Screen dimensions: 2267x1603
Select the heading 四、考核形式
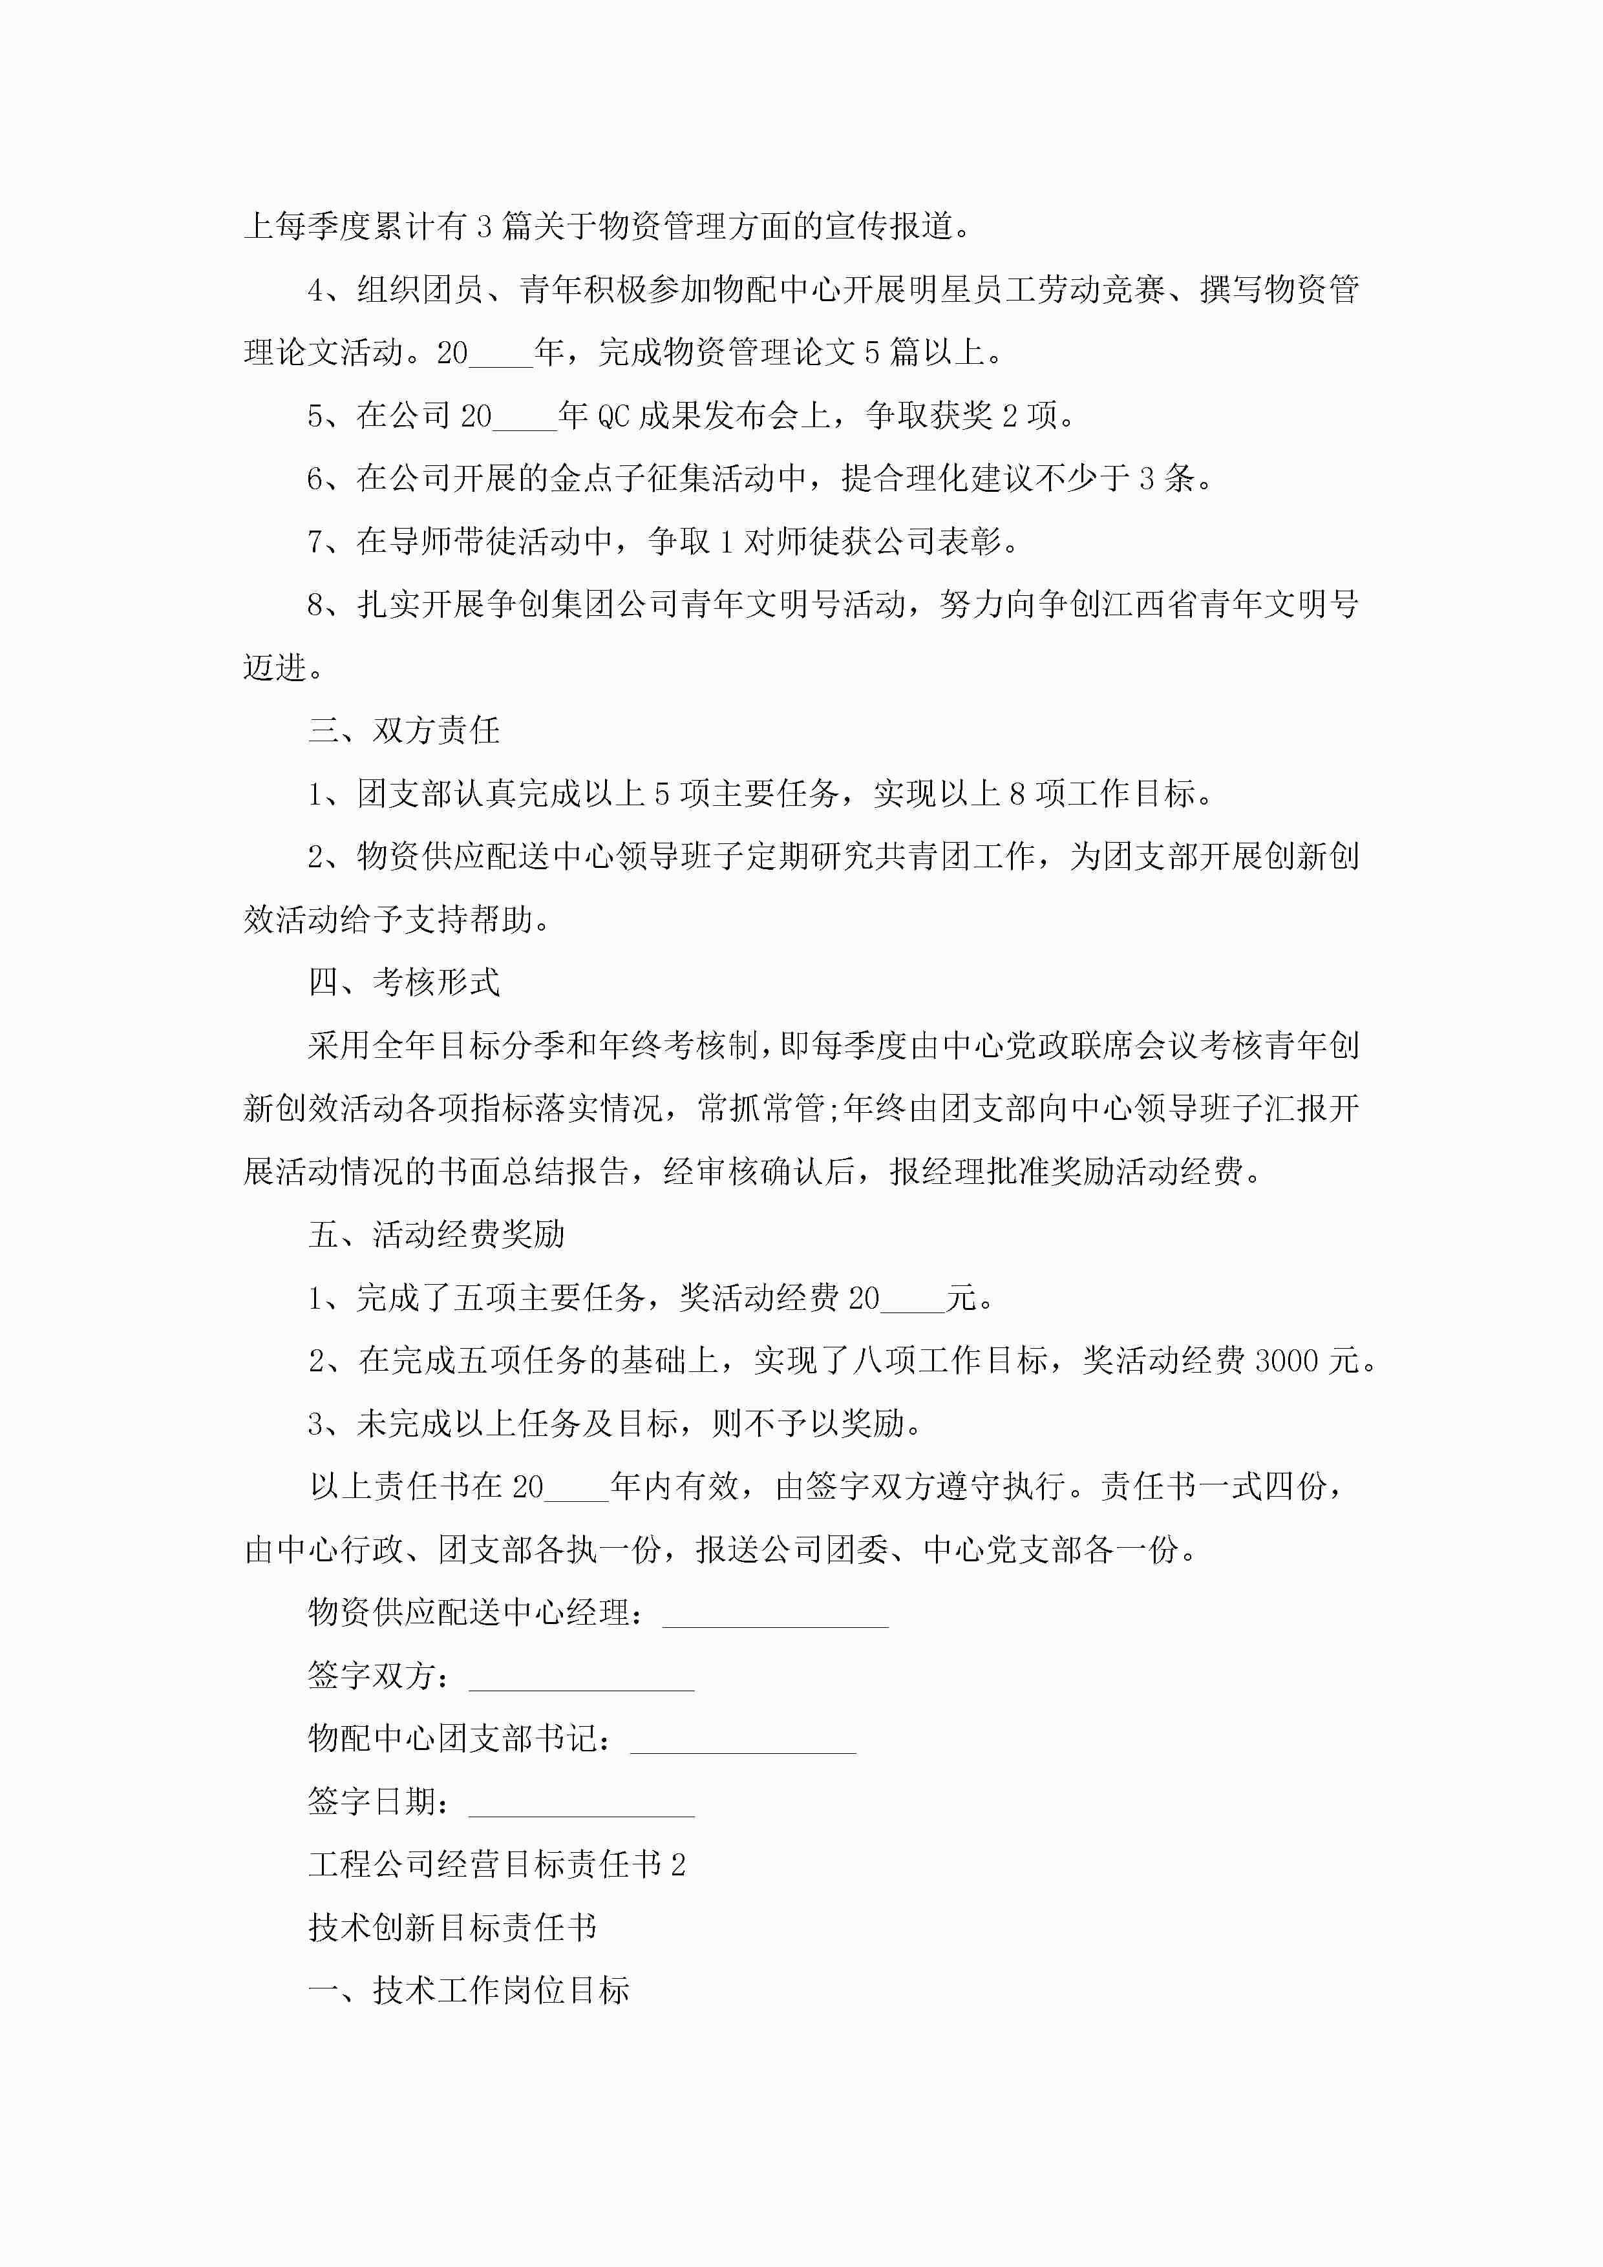click(x=404, y=982)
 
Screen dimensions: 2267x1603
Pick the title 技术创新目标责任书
click(x=452, y=1927)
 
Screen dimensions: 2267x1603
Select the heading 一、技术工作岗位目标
click(x=468, y=1990)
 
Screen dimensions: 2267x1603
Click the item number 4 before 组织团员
click(x=316, y=290)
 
